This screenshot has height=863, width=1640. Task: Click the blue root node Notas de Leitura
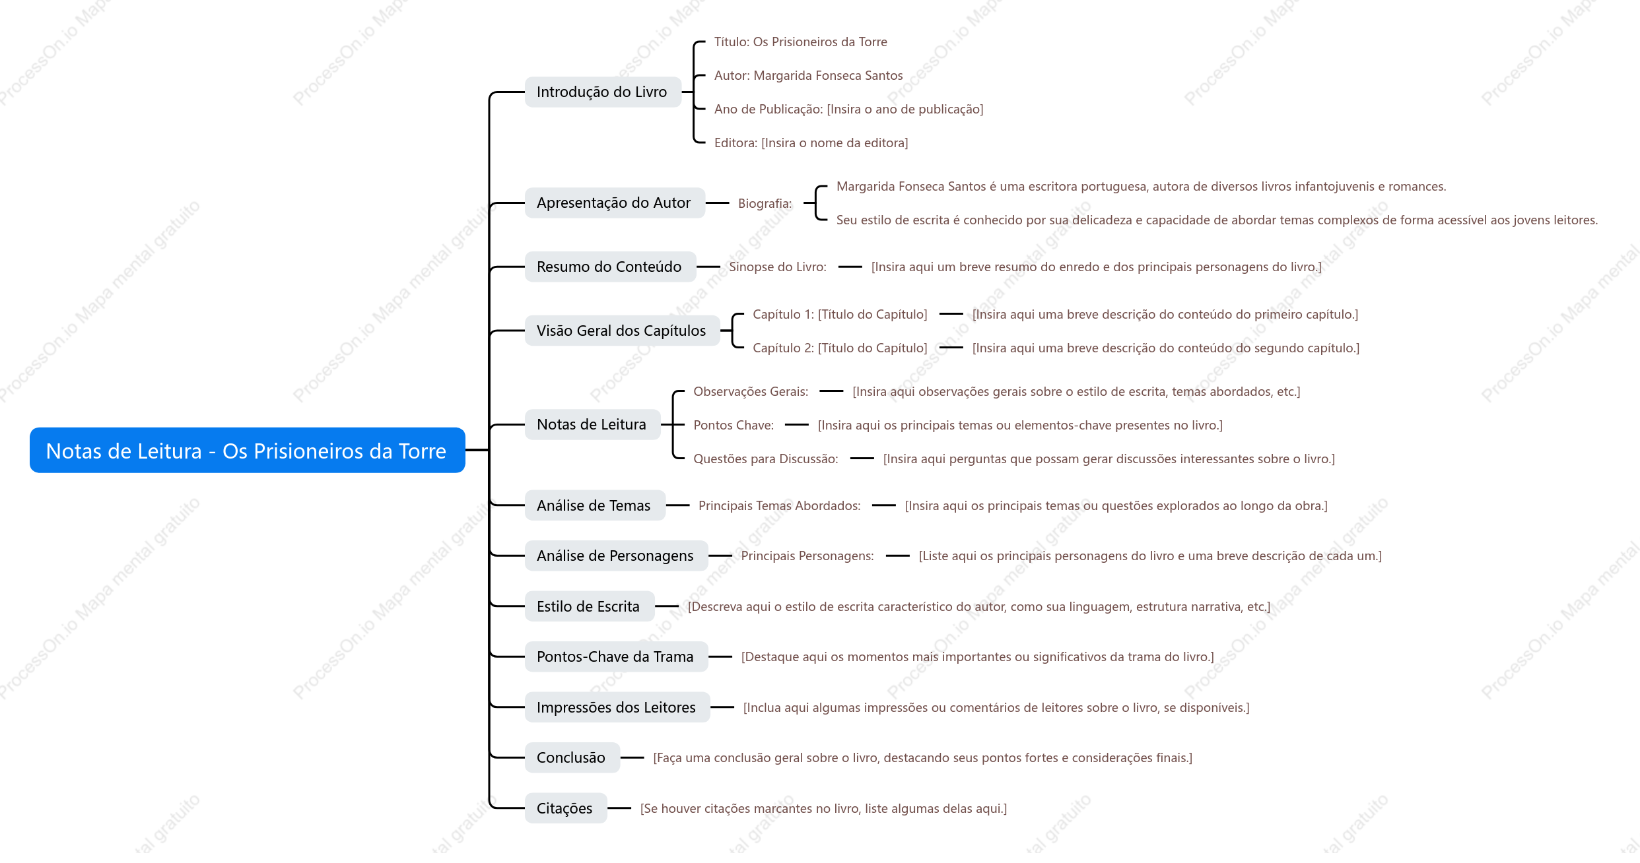tap(248, 450)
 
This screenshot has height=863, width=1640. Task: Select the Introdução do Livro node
tap(603, 92)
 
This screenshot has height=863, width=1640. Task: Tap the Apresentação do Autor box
tap(615, 203)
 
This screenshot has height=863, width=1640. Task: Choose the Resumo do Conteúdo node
tap(610, 267)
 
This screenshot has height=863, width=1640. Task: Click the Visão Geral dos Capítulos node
tap(622, 331)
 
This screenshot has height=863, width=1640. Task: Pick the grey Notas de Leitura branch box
tap(592, 424)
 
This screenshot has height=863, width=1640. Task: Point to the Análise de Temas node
tap(595, 505)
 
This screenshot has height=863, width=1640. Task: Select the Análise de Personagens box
tap(616, 556)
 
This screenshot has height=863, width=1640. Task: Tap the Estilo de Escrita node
tap(589, 606)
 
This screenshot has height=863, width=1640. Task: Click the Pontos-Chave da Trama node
tap(616, 656)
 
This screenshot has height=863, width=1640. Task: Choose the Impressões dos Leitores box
tap(617, 707)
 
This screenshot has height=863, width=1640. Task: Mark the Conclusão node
tap(572, 757)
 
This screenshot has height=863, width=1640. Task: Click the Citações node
tap(565, 808)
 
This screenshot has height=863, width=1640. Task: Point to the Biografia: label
tap(765, 203)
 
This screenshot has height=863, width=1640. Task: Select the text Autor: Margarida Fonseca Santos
tap(808, 75)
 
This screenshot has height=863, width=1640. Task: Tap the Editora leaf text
tap(811, 143)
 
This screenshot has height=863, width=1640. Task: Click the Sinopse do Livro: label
tap(777, 267)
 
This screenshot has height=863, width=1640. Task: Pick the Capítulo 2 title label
tap(840, 348)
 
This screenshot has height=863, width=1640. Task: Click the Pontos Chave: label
tap(733, 425)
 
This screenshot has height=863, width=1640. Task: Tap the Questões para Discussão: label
tap(765, 459)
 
